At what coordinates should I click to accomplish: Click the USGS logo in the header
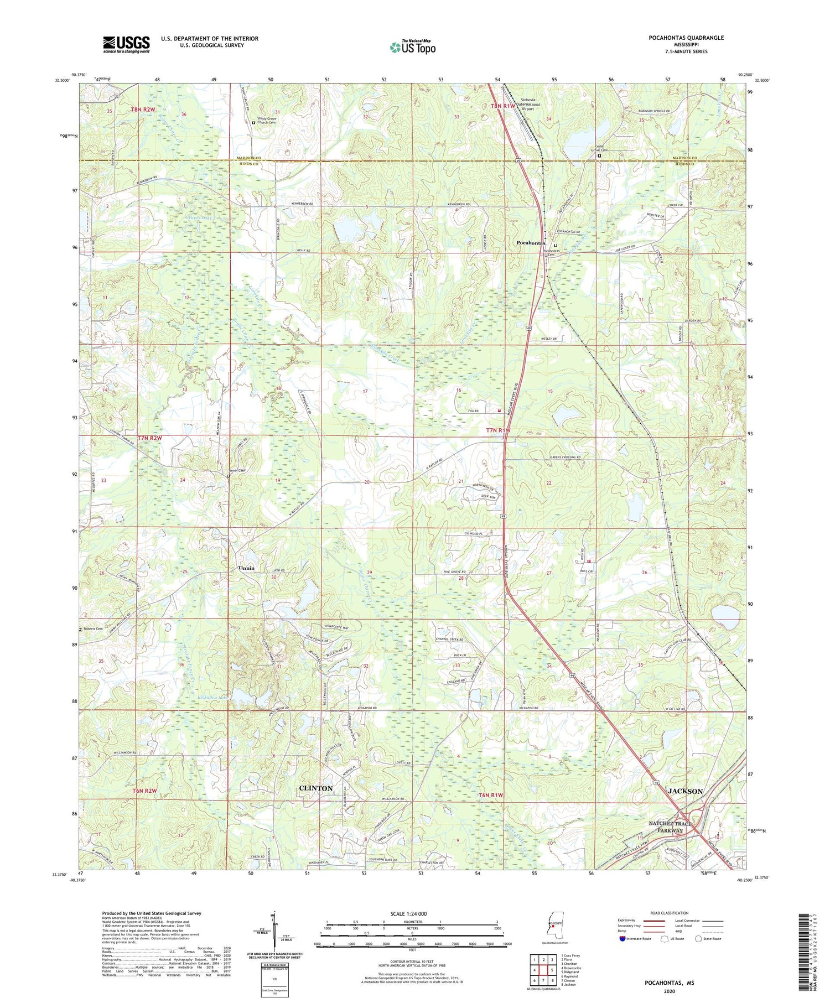126,44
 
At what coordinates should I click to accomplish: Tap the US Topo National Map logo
412,47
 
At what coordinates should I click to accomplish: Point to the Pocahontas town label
531,243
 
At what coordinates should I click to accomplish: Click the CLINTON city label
316,788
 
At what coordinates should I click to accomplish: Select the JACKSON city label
685,791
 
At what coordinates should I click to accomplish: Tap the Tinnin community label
246,568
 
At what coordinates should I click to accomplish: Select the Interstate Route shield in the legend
622,939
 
